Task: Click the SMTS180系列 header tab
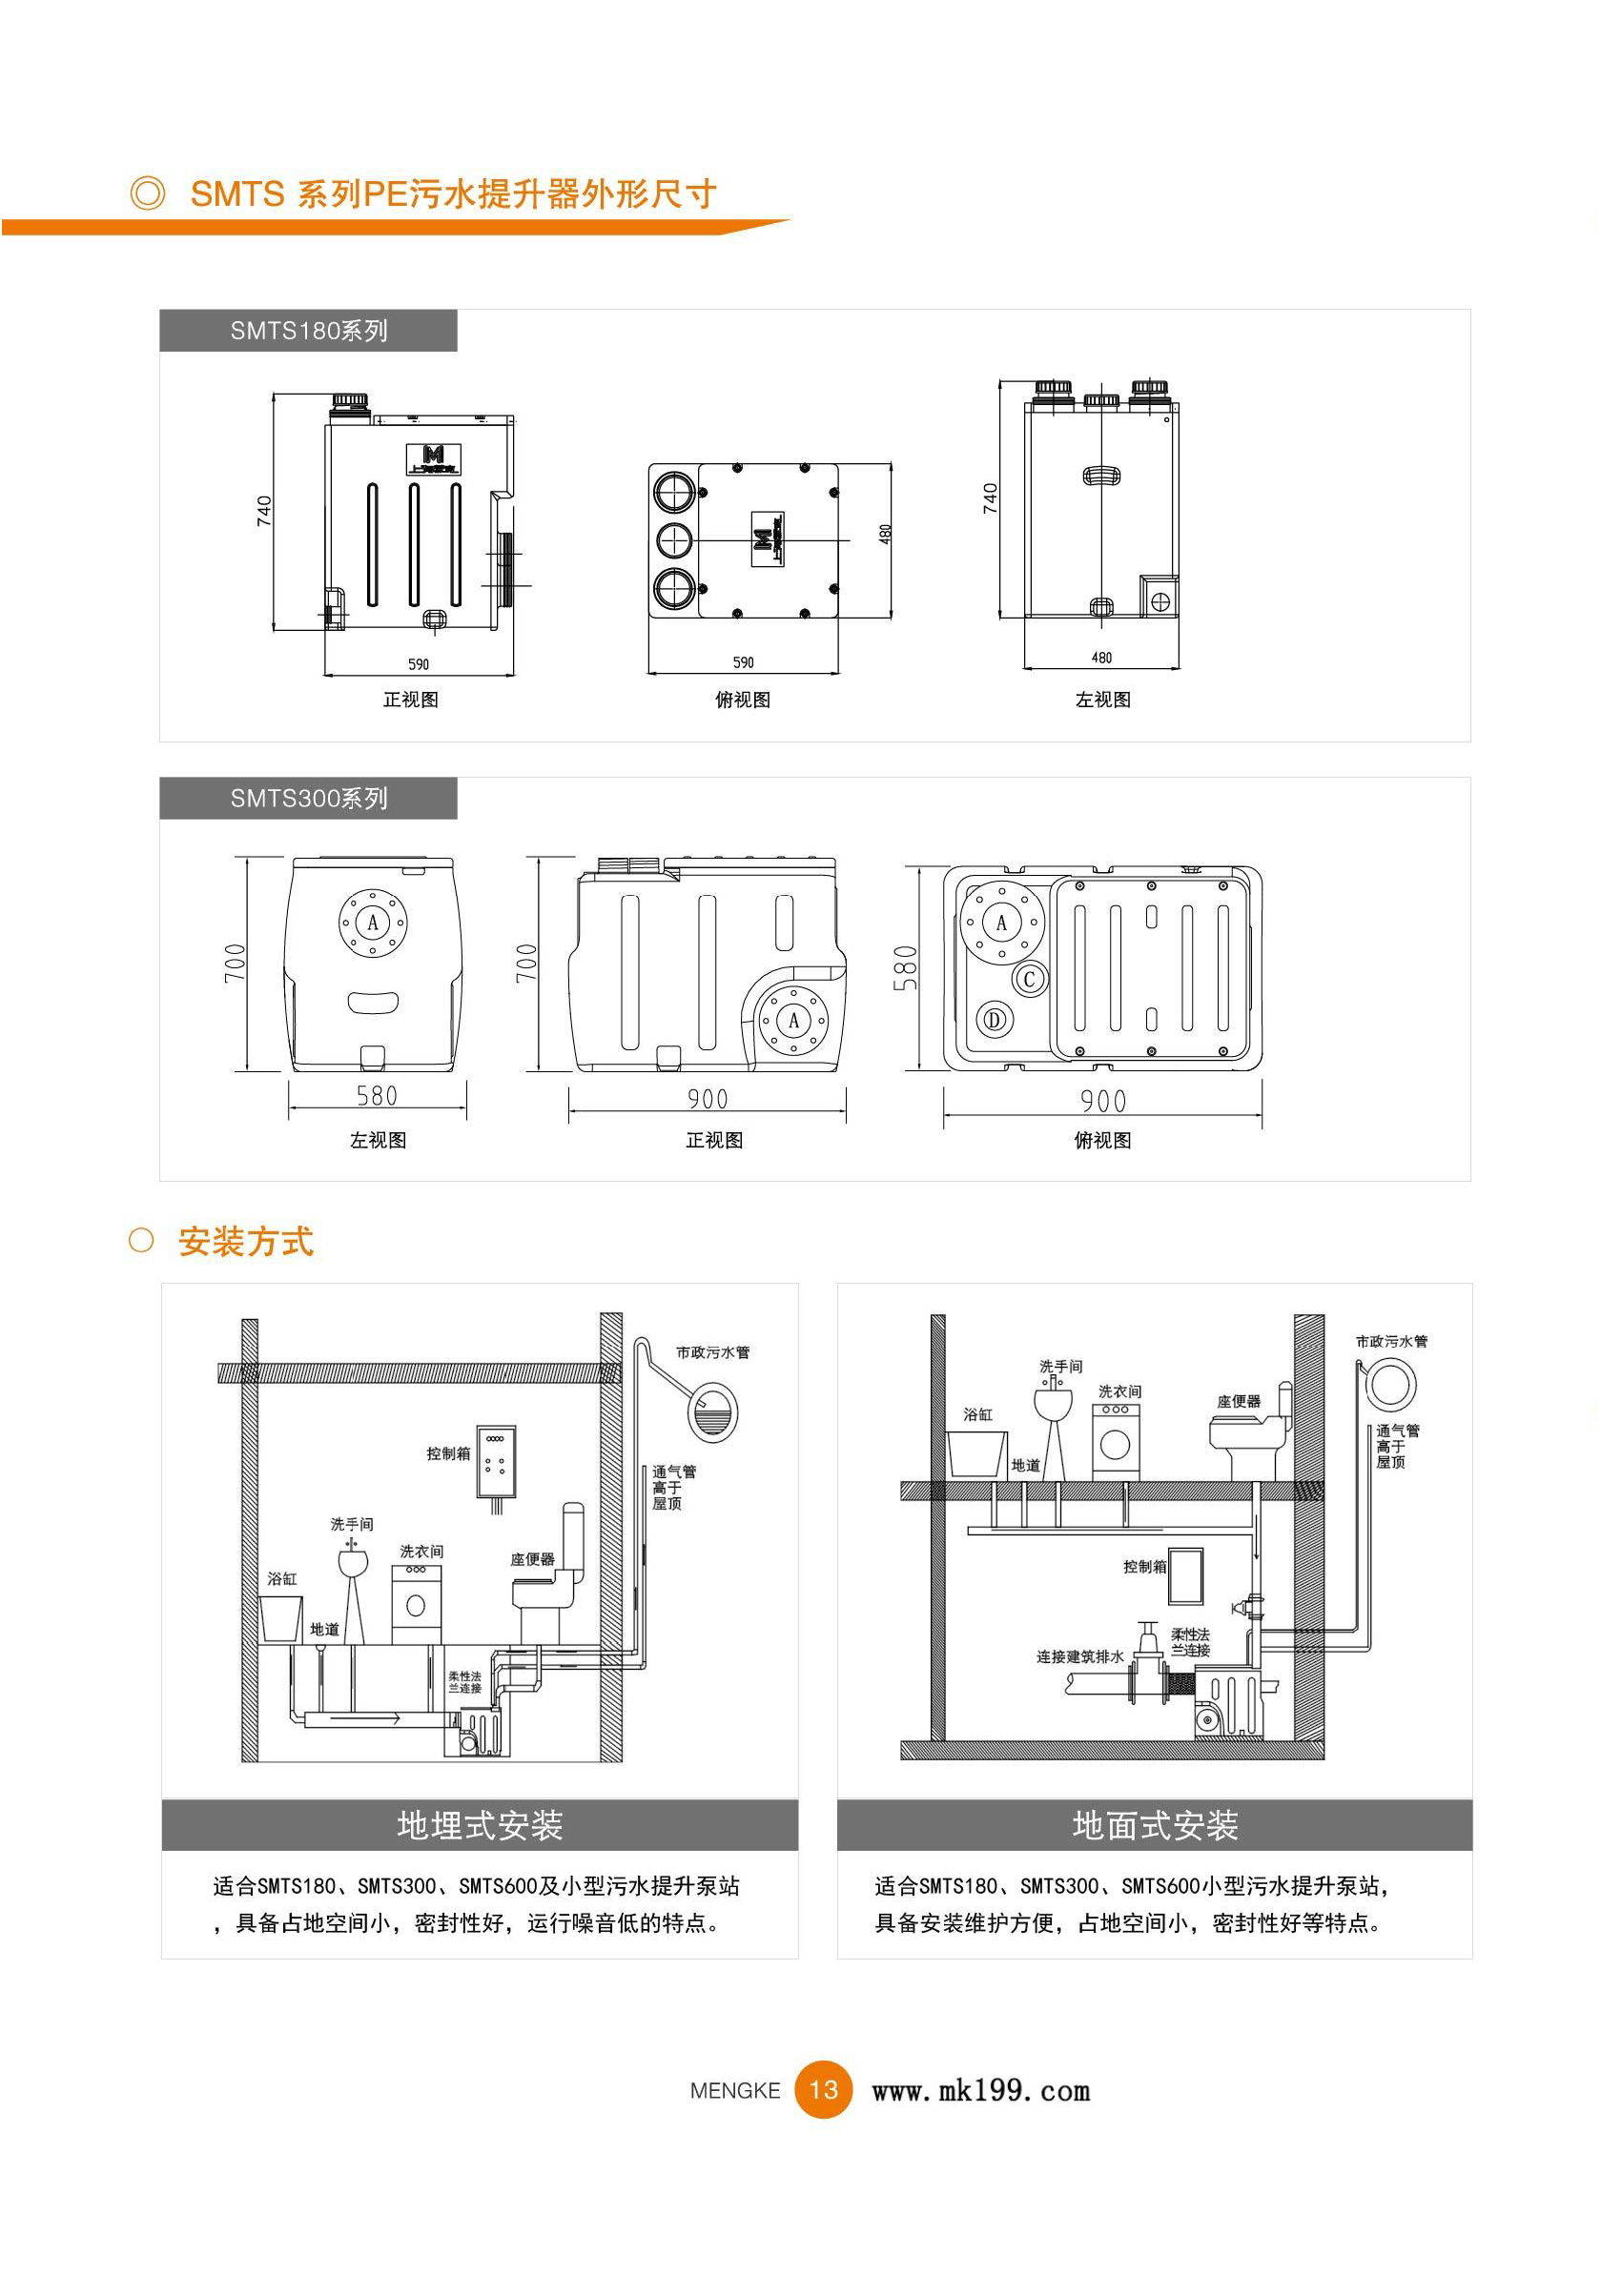pos(308,331)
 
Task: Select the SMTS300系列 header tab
pos(308,799)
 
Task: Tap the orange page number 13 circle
pos(823,2090)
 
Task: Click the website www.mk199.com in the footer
pos(980,2091)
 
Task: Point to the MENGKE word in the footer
pos(735,2091)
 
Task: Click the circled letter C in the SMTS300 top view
pos(1030,980)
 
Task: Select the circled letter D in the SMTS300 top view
pos(995,1019)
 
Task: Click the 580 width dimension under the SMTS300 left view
pos(377,1095)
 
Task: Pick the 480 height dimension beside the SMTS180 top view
pos(885,533)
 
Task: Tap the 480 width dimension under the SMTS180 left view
pos(1100,658)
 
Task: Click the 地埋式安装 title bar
pos(480,1824)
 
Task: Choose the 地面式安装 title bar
pos(1154,1824)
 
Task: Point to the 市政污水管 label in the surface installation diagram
pos(1391,1341)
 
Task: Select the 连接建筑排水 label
pos(1079,1657)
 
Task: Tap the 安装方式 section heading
pos(246,1241)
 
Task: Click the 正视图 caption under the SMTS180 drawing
pos(410,700)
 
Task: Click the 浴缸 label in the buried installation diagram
pos(282,1578)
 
